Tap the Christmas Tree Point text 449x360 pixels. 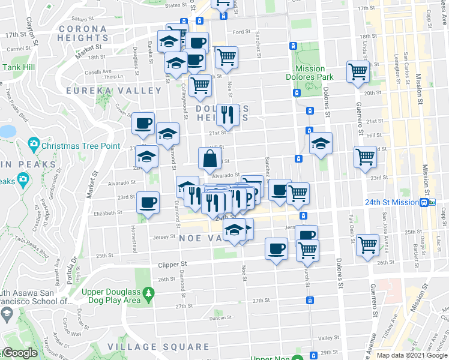77,145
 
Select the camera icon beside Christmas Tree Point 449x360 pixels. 33,145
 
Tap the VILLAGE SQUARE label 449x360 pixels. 158,347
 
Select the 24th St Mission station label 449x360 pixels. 391,203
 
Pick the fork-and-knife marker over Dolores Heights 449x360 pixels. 228,113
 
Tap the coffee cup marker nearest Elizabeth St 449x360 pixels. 148,202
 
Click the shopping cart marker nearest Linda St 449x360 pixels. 358,72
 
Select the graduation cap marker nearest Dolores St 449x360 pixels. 321,143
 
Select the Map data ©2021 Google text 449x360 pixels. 412,355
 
